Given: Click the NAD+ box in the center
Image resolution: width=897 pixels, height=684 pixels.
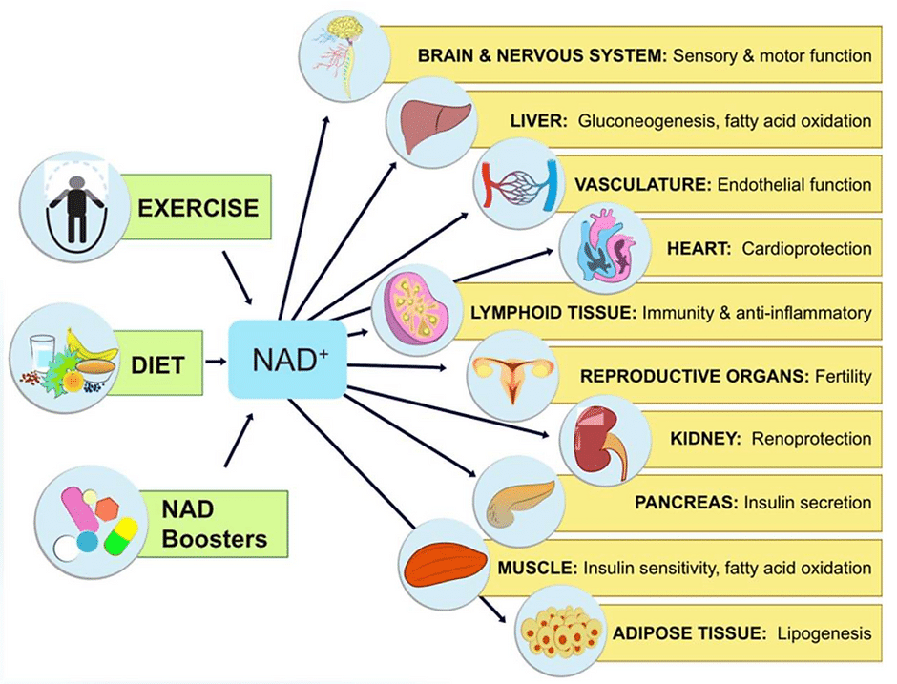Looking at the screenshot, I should point(288,360).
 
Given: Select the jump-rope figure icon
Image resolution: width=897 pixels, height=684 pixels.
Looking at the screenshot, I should point(73,208).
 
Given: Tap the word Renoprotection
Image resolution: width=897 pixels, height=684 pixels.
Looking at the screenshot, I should point(811,439).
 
